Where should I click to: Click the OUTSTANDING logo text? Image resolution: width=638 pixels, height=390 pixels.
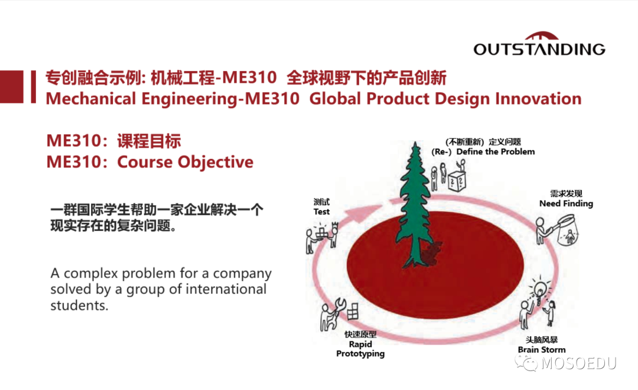539,49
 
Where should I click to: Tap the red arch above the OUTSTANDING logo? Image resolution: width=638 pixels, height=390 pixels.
541,36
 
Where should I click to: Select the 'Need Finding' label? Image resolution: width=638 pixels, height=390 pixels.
566,203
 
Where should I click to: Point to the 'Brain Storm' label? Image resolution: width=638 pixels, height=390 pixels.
542,350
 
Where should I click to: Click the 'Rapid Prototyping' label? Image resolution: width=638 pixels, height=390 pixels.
360,349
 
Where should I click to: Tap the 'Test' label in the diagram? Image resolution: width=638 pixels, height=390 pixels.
321,212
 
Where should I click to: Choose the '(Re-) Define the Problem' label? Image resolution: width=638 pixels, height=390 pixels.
483,152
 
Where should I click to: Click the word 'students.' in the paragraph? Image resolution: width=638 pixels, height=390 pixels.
79,305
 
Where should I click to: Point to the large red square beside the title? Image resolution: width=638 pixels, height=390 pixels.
11,87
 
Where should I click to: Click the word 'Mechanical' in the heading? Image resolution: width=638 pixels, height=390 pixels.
91,99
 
